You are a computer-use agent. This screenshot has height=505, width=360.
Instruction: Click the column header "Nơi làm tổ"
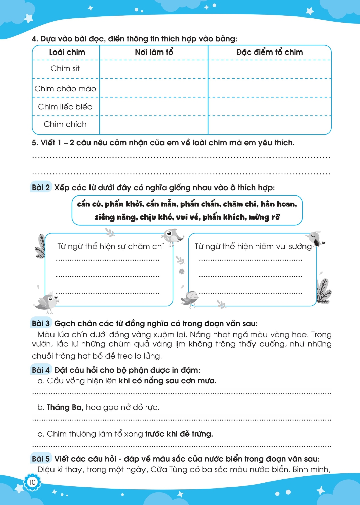tap(154, 52)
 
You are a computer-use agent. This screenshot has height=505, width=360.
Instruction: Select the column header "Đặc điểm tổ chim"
tap(269, 52)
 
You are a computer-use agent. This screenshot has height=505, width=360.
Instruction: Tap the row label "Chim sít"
tap(65, 69)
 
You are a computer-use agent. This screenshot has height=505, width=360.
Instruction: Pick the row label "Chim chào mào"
tap(65, 89)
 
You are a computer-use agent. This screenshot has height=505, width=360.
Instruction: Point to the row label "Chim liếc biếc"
tap(65, 107)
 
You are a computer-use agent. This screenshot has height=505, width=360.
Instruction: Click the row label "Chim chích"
tap(65, 124)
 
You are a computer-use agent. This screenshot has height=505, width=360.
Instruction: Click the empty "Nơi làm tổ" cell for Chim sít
tap(154, 69)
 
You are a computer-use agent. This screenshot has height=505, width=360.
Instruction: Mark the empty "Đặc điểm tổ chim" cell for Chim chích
tap(269, 125)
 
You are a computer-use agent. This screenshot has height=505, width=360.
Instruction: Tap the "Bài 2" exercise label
tap(41, 188)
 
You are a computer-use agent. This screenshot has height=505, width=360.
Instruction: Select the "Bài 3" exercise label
tap(41, 324)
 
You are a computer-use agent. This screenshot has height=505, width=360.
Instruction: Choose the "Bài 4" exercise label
tap(41, 370)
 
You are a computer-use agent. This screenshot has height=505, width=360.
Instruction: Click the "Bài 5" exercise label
tap(41, 459)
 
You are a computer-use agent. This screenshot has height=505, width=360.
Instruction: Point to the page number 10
tap(32, 482)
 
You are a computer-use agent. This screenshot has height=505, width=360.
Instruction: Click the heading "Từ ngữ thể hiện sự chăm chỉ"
tap(110, 246)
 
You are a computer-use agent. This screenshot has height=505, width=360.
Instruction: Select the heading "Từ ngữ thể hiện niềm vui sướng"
tap(253, 246)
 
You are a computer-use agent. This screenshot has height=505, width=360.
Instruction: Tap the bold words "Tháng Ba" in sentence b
tap(65, 407)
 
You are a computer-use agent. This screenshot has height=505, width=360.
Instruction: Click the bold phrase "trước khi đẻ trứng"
tap(179, 434)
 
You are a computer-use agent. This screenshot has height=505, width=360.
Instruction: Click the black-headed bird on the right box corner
tap(316, 238)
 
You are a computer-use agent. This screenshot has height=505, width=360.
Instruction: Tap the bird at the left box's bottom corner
tap(49, 301)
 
